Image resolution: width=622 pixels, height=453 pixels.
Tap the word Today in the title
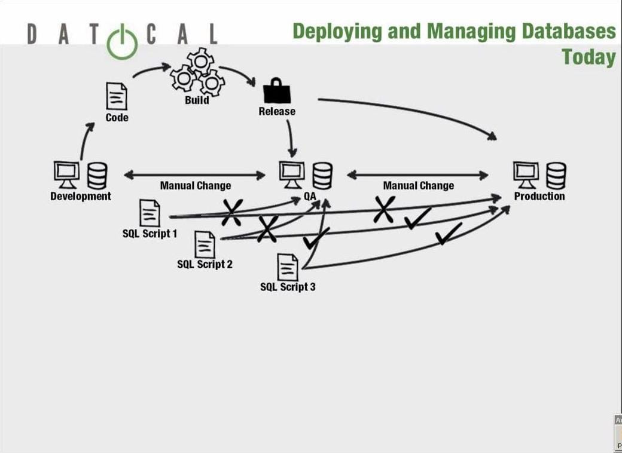pos(589,57)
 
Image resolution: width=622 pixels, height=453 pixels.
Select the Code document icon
pos(117,96)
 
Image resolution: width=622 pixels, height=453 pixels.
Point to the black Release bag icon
pos(277,91)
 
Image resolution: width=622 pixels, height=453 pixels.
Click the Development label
pos(81,196)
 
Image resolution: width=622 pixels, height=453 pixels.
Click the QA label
pos(310,196)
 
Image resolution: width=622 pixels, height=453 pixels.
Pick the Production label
pos(539,196)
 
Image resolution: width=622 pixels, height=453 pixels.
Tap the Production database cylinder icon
pos(556,175)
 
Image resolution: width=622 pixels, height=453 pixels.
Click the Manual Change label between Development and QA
pos(195,186)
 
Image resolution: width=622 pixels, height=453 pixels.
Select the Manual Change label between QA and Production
pos(418,186)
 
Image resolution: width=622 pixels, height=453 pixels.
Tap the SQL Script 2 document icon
pos(205,244)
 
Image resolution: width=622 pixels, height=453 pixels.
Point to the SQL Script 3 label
pos(288,287)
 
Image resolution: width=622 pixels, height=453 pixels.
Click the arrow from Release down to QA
pos(291,137)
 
